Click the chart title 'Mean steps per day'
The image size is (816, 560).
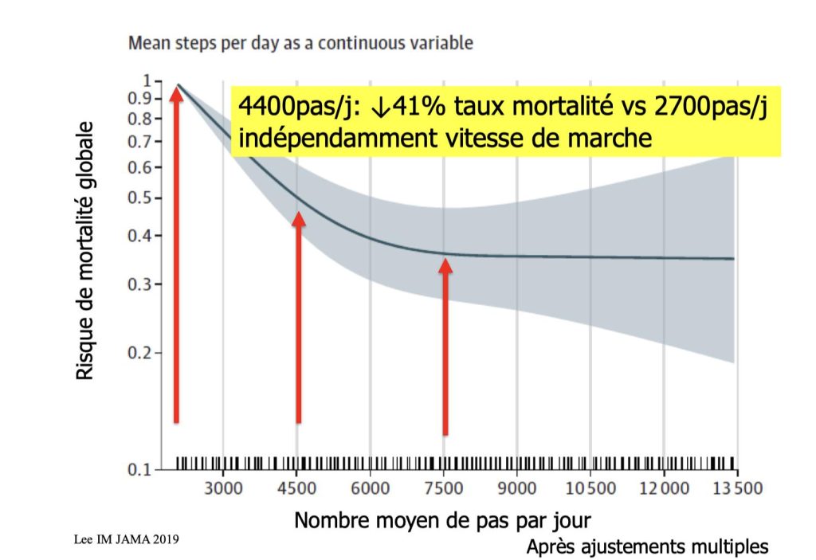point(300,43)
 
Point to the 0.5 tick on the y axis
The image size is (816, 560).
point(140,198)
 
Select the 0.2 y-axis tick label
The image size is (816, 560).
point(140,353)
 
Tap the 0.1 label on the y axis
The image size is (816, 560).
point(140,470)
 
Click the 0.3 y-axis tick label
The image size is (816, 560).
point(140,284)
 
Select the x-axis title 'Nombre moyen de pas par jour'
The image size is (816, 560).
point(443,521)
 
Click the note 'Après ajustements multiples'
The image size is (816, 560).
point(647,546)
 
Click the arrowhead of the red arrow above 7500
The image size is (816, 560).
point(445,266)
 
